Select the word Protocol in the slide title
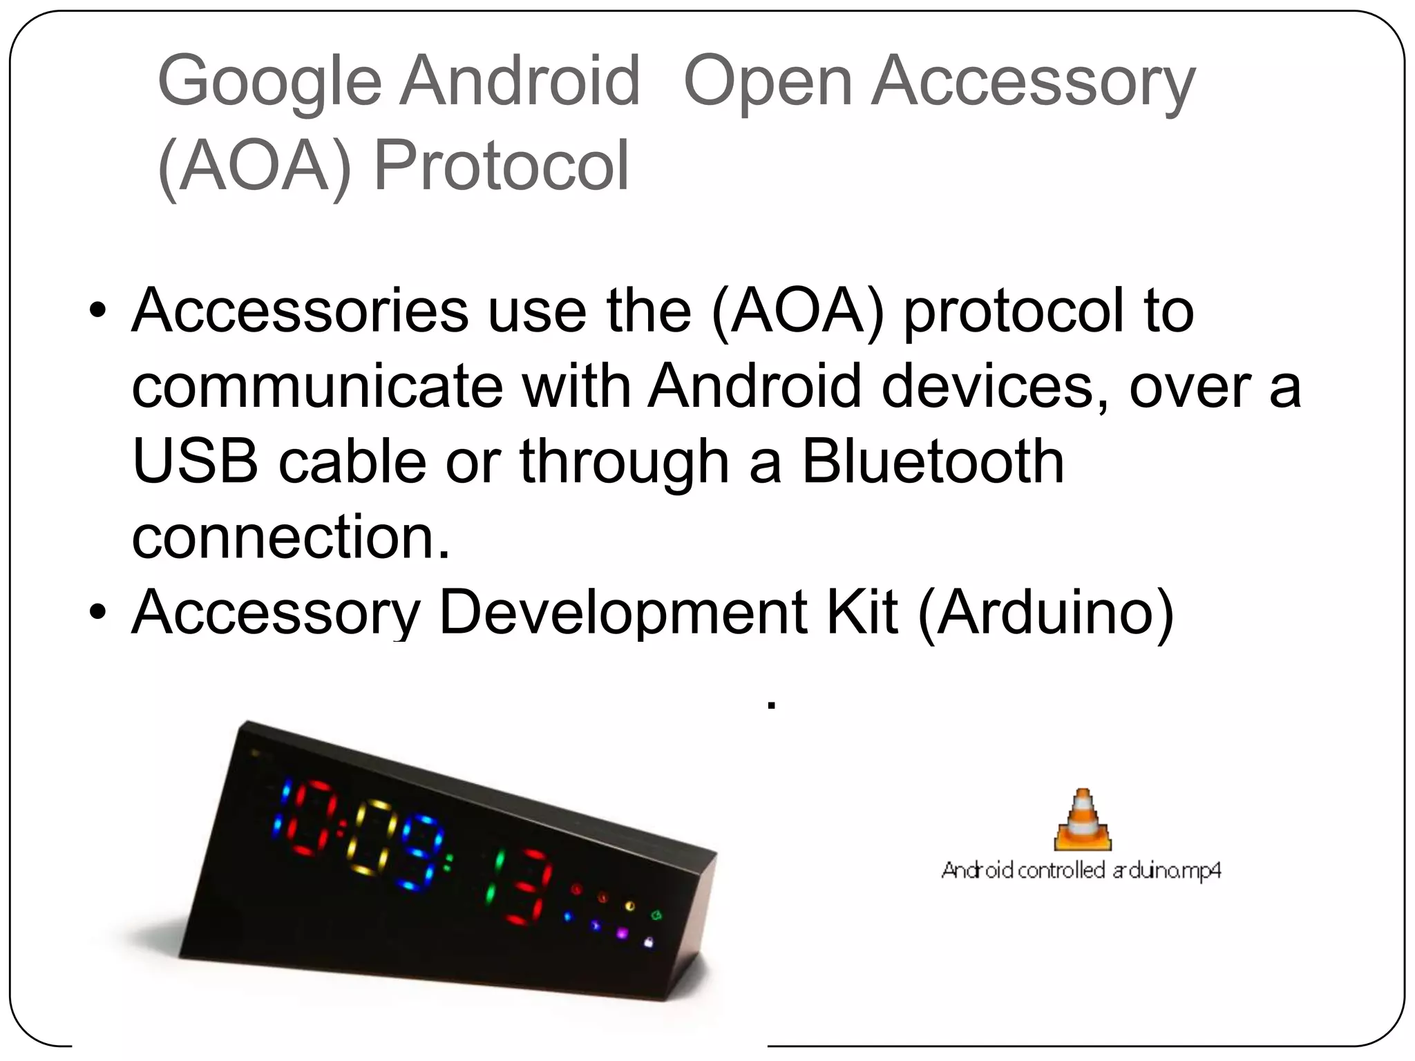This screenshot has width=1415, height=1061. click(x=502, y=166)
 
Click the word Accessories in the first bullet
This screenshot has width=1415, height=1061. click(x=301, y=311)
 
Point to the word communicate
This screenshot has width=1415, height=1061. click(x=317, y=387)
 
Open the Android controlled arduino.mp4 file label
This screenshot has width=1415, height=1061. click(x=1081, y=870)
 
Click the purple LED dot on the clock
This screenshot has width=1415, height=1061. click(x=622, y=933)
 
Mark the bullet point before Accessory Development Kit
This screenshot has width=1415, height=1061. click(x=98, y=612)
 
